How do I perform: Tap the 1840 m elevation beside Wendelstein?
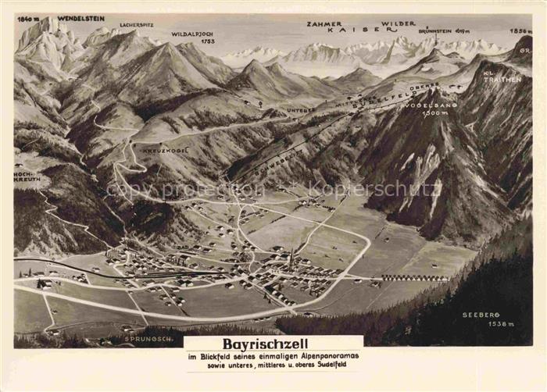pos(27,18)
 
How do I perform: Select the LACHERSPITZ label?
pos(138,25)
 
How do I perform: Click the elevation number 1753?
pos(206,41)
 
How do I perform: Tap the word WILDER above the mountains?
pos(399,24)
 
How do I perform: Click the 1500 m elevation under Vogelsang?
pos(432,113)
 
